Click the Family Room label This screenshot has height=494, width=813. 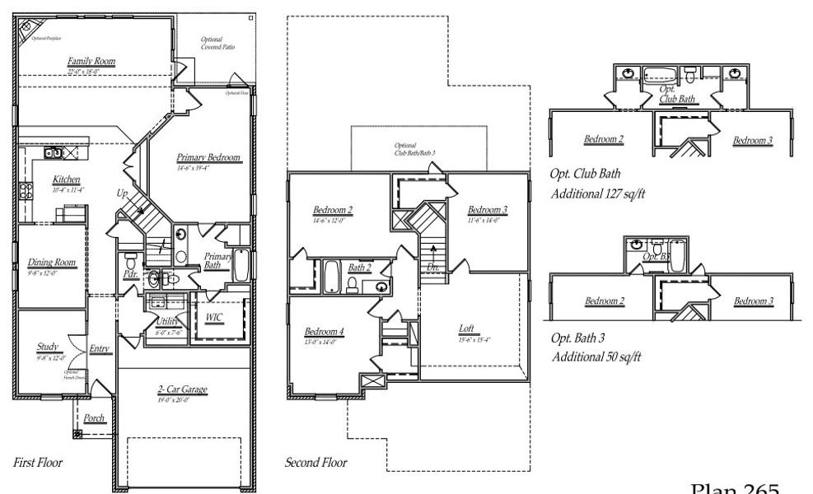91,61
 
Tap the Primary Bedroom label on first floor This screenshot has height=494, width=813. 208,157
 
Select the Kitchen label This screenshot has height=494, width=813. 66,179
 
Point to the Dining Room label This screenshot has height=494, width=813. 52,263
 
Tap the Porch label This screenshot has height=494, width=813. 95,418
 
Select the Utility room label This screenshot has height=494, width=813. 167,322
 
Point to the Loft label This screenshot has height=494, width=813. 466,329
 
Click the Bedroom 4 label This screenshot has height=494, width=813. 324,331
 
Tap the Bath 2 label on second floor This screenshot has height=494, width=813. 359,268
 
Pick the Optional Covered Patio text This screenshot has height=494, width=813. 218,43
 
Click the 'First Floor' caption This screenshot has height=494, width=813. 38,463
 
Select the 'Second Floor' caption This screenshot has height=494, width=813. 315,463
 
